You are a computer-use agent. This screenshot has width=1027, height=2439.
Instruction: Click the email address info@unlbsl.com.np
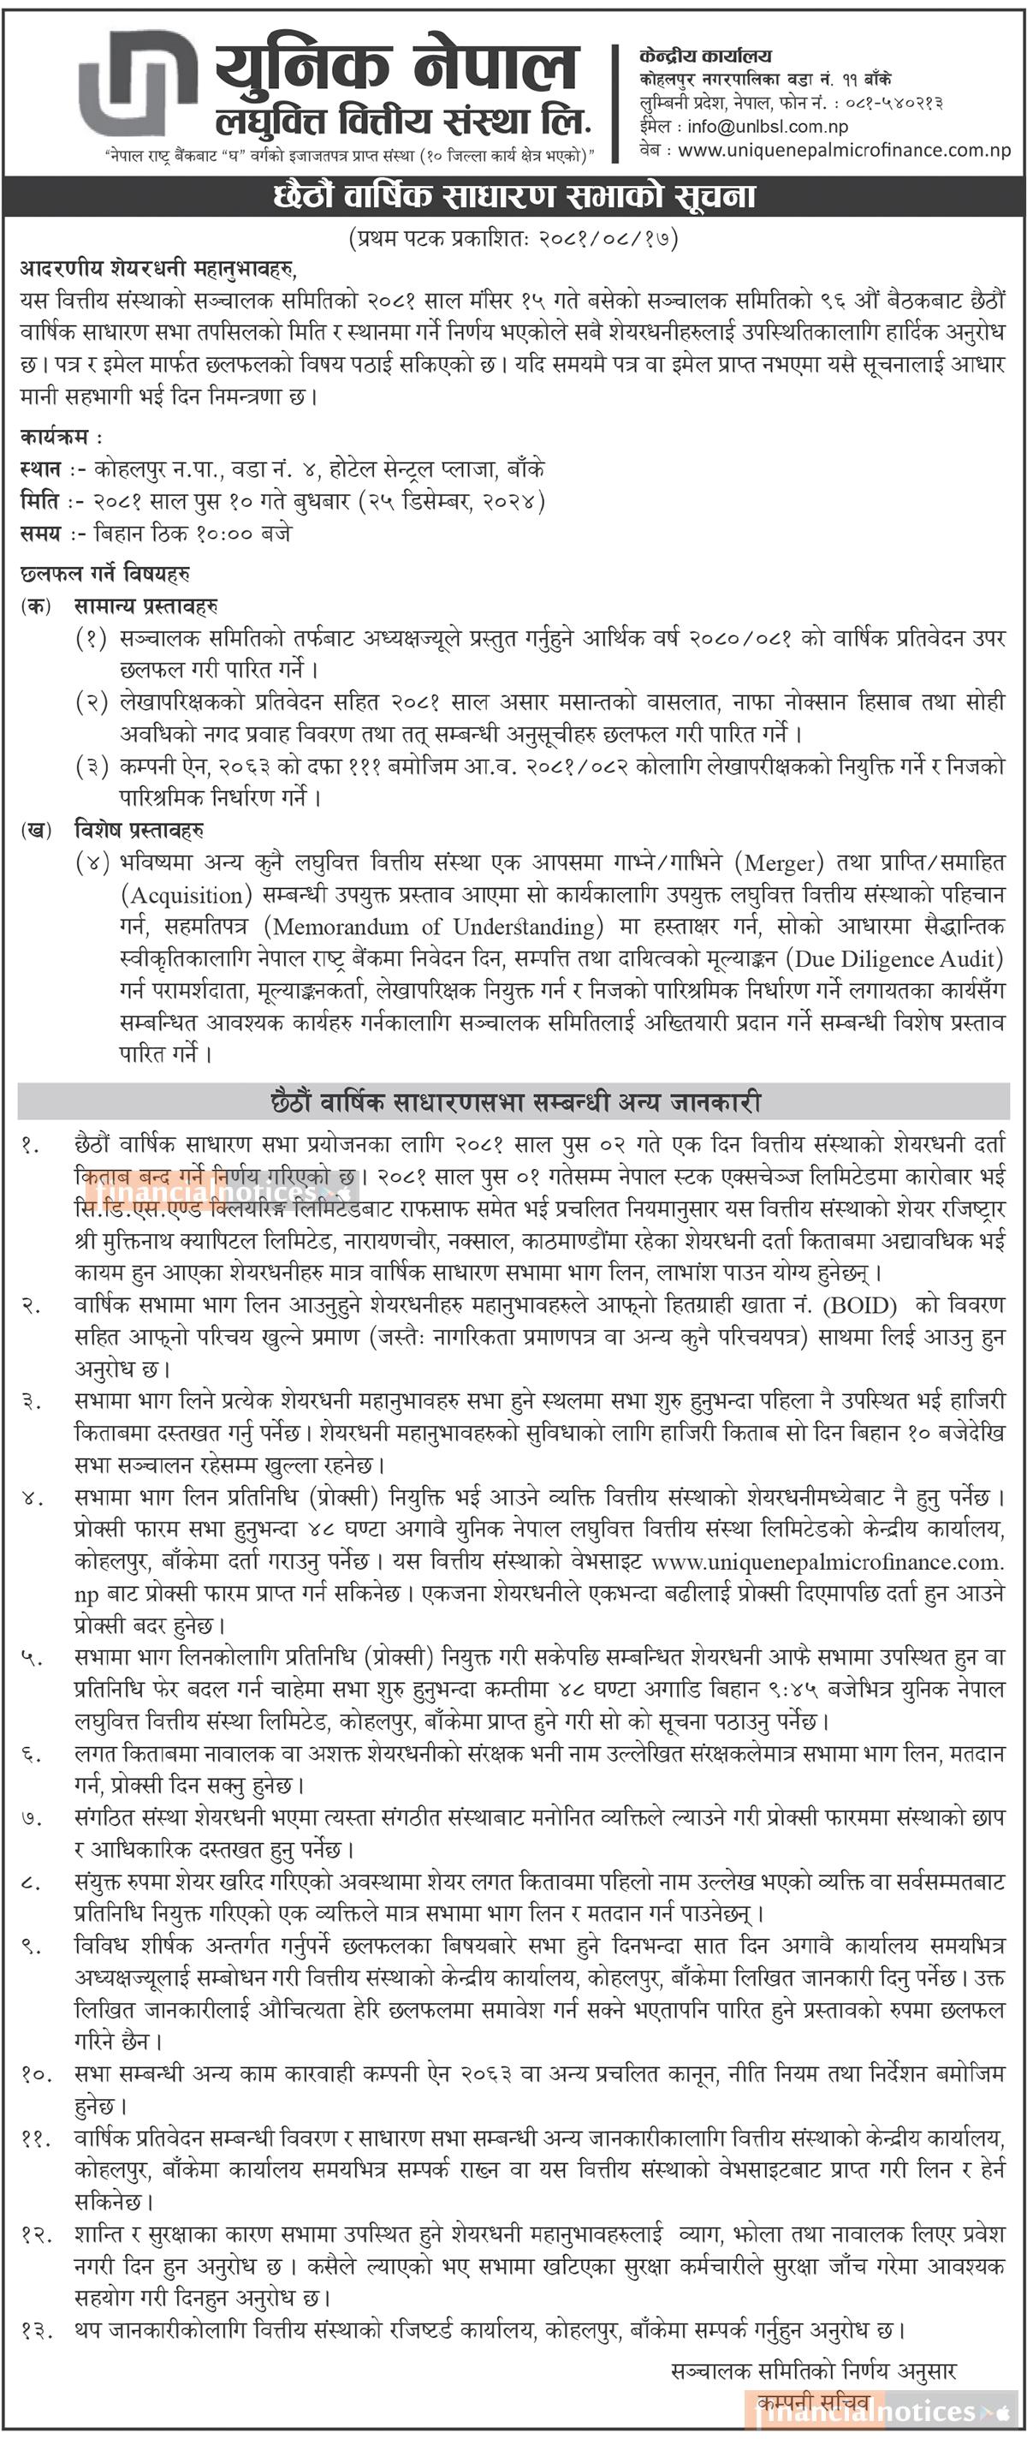point(768,127)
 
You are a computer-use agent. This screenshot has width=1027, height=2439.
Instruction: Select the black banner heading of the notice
point(514,196)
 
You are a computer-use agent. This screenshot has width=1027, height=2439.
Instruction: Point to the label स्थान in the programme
point(39,469)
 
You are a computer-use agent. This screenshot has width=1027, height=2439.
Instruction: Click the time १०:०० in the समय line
point(224,534)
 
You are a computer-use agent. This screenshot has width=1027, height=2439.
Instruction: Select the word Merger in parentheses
point(779,863)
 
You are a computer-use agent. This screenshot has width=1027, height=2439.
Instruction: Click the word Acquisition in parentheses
point(187,896)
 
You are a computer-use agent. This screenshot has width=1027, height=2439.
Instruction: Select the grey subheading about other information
point(514,1102)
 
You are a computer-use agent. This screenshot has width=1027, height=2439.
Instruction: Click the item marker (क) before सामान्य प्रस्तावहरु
point(36,606)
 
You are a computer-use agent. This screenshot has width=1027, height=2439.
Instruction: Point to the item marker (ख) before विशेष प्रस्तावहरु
point(36,831)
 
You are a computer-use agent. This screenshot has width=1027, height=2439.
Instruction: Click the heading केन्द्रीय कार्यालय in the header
point(705,57)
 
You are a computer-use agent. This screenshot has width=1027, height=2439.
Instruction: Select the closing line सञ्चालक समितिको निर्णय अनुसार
point(813,2370)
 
